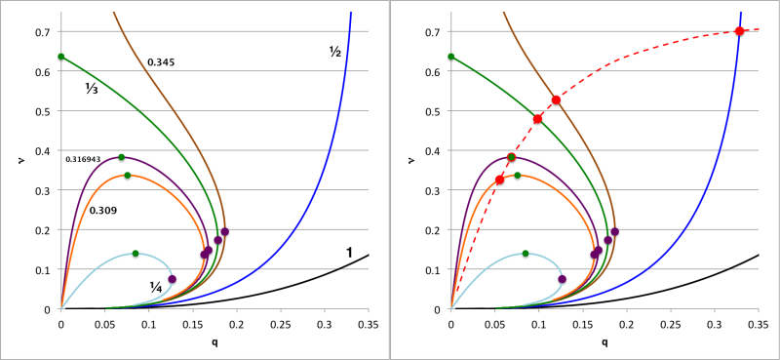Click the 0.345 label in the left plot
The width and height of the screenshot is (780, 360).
[x=161, y=62]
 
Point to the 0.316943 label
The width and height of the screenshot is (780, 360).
[x=97, y=158]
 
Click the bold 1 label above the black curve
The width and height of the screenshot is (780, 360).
[x=349, y=253]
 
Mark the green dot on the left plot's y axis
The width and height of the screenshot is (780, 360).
[x=61, y=57]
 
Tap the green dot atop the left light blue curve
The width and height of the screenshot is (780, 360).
[x=136, y=254]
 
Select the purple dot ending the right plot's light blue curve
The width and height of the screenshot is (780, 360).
[x=562, y=279]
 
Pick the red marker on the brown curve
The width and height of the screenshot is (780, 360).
[x=556, y=100]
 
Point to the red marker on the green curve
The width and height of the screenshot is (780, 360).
[x=537, y=119]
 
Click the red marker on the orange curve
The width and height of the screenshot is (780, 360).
[x=500, y=180]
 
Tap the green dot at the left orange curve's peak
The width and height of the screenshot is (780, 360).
[x=128, y=176]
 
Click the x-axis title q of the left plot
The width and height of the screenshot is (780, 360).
[x=214, y=342]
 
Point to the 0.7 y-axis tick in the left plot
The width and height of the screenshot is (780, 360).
[x=43, y=32]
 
